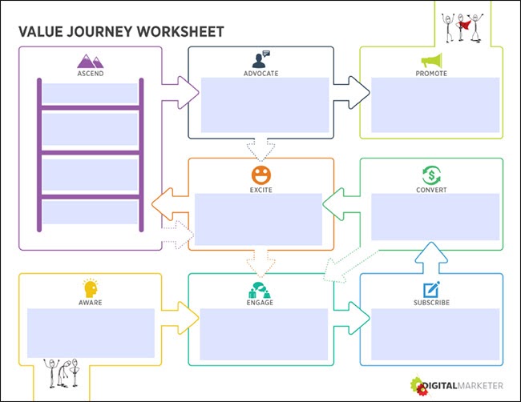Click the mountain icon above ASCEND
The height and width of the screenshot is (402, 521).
pos(91,60)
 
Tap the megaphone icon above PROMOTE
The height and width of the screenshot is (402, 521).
pos(431,60)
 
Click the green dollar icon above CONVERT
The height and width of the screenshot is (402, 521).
pos(431,175)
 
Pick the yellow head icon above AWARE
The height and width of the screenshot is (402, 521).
pos(91,288)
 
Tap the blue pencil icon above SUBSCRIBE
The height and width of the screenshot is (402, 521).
pos(431,288)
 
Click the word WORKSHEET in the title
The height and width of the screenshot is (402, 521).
pos(180,31)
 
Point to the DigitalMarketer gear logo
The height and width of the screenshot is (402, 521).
pos(420,384)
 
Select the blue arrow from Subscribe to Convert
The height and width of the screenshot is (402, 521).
pos(431,255)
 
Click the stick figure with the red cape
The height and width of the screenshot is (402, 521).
pos(463,25)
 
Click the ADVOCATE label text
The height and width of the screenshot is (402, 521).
pos(260,74)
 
